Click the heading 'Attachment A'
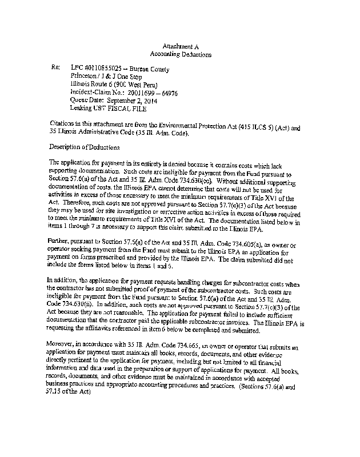tap(181, 46)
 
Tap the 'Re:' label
tap(55, 67)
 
